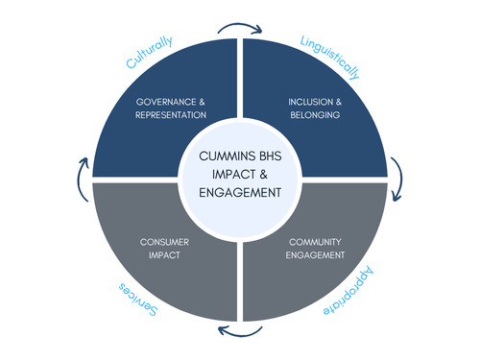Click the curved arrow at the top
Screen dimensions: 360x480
pos(240,26)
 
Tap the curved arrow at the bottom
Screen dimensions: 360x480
pos(240,332)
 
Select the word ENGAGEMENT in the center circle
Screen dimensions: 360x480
pos(240,192)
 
